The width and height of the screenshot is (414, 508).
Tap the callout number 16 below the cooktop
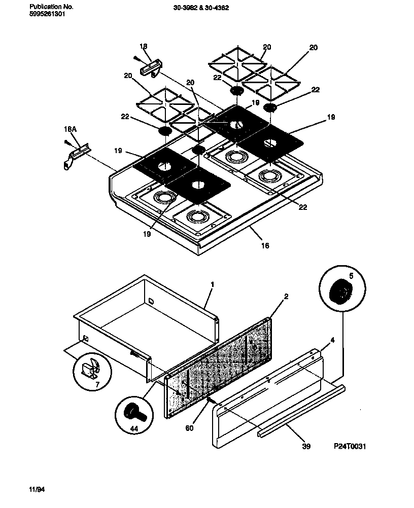(265, 245)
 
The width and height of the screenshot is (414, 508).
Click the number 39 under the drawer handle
(305, 446)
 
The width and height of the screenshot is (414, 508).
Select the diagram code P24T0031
(350, 446)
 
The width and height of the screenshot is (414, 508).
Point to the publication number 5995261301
(47, 14)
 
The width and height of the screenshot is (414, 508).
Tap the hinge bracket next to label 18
(151, 67)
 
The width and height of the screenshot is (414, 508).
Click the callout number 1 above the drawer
(212, 284)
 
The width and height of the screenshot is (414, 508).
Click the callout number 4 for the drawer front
(332, 341)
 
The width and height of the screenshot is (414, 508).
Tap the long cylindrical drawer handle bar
(302, 412)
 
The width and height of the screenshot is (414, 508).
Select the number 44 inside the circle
(134, 428)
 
